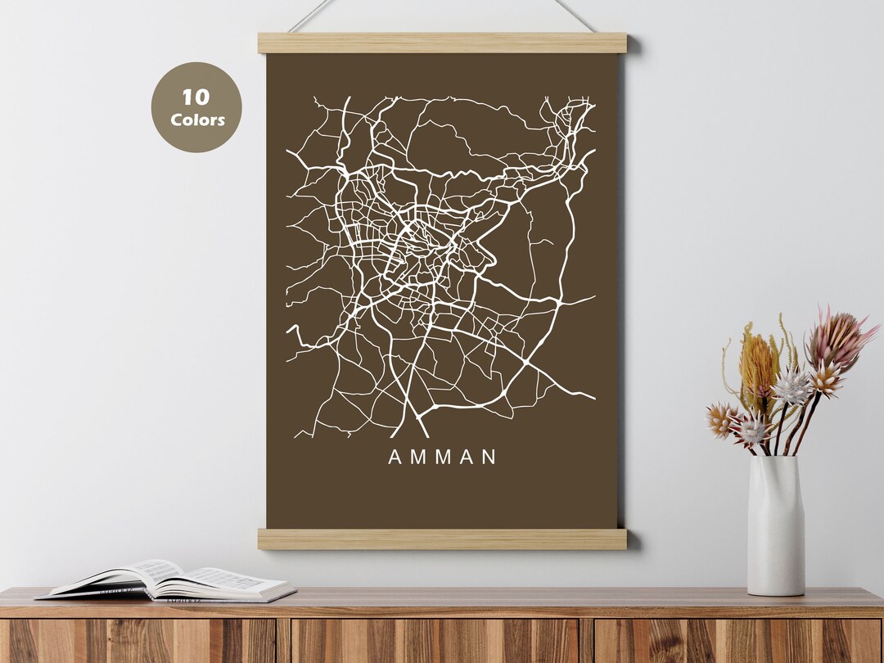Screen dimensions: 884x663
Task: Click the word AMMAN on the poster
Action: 442,458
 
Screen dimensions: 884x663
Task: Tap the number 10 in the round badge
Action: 196,97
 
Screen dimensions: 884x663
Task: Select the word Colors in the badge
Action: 196,120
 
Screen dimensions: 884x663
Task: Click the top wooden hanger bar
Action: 442,43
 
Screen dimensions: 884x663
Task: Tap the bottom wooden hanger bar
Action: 442,539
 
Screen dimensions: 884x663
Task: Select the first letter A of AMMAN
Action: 395,458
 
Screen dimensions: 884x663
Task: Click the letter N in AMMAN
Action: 489,458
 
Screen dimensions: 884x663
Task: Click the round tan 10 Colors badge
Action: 196,107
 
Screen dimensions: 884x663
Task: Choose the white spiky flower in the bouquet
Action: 792,387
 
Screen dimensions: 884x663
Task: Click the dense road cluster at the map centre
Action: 417,246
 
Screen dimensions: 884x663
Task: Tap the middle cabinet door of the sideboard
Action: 435,641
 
